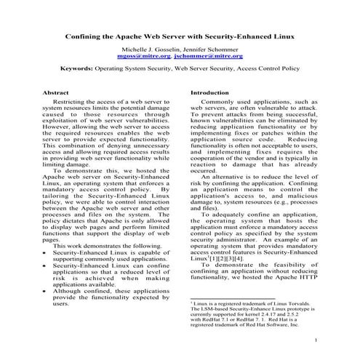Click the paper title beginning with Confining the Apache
tap(180, 35)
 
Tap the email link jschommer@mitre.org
tap(210, 55)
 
